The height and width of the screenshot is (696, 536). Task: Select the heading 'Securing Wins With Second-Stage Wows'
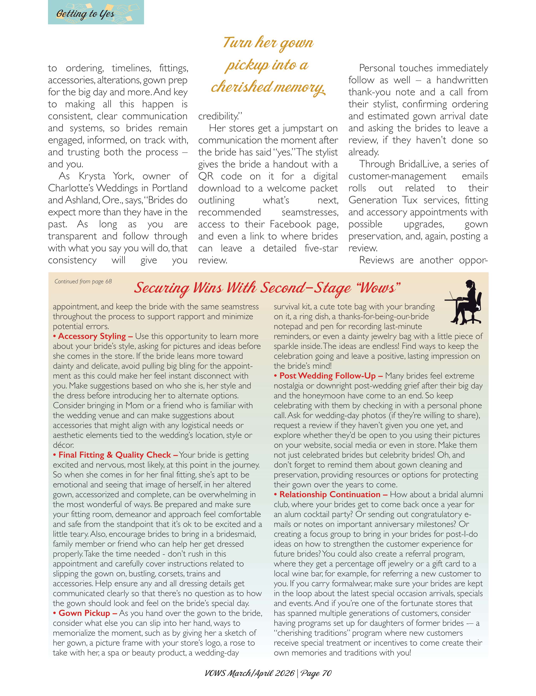(x=267, y=288)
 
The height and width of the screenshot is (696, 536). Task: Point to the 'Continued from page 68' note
(x=83, y=281)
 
